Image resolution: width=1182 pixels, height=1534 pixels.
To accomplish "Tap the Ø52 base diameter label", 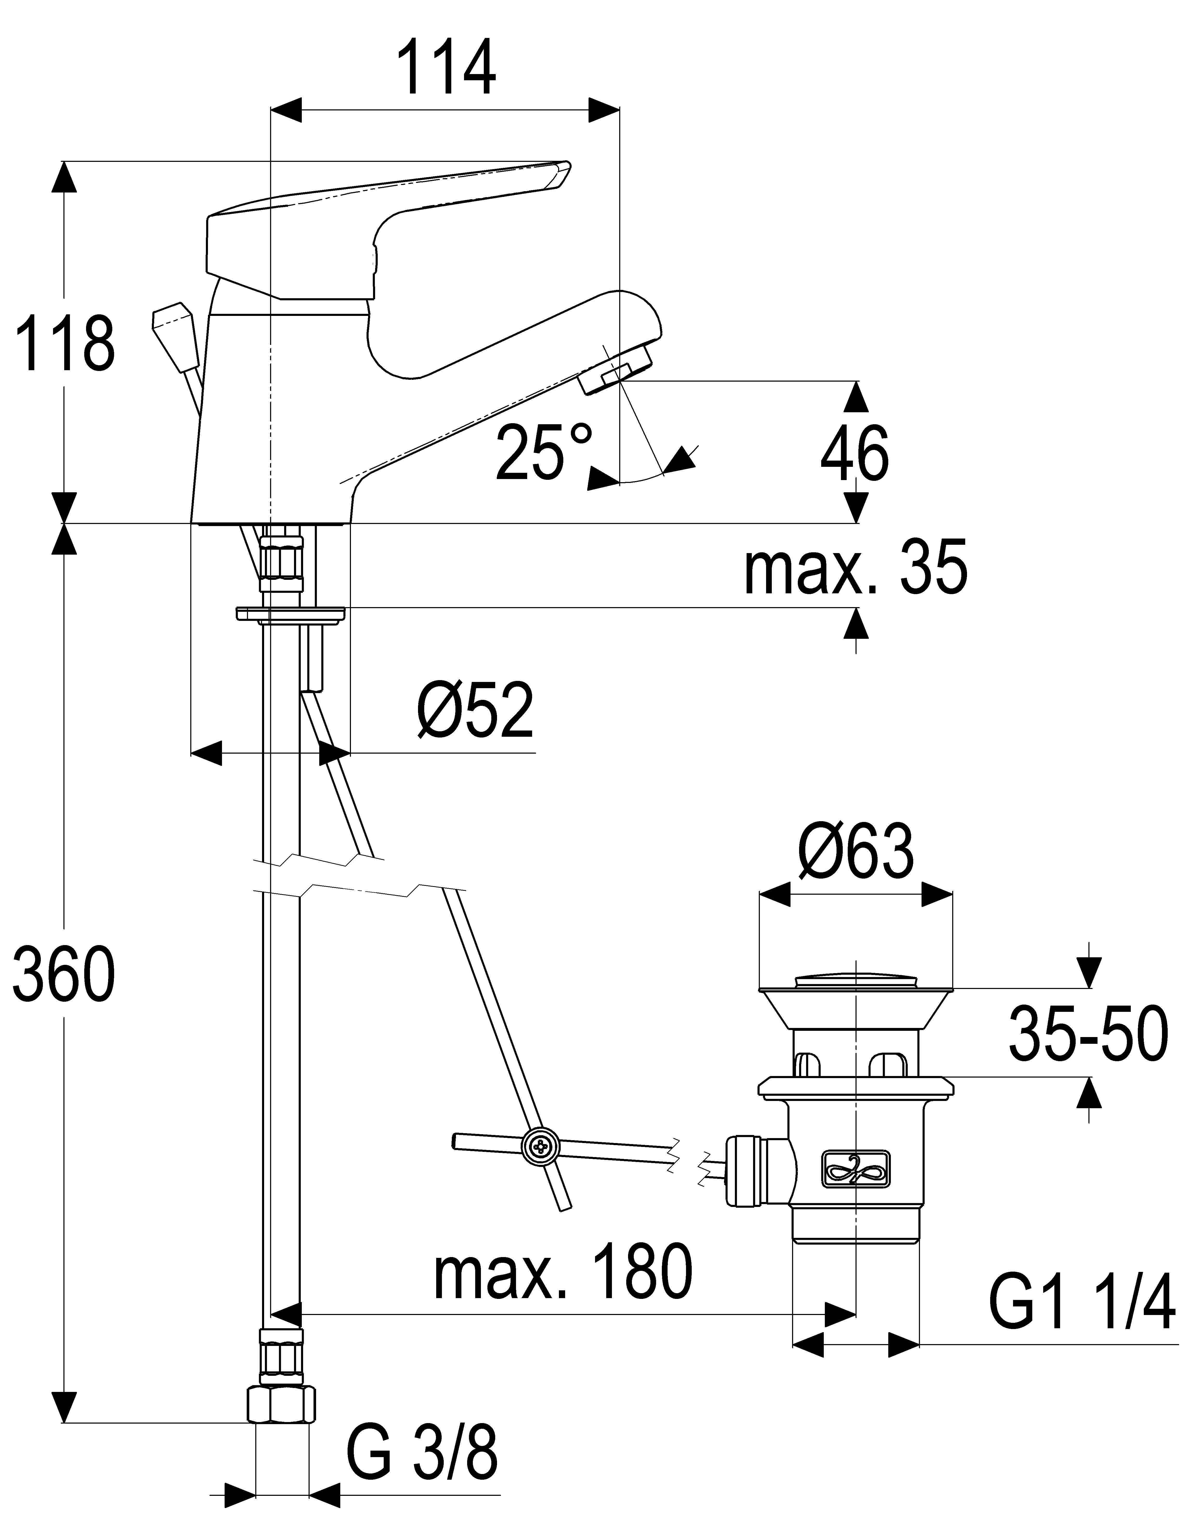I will [x=476, y=710].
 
